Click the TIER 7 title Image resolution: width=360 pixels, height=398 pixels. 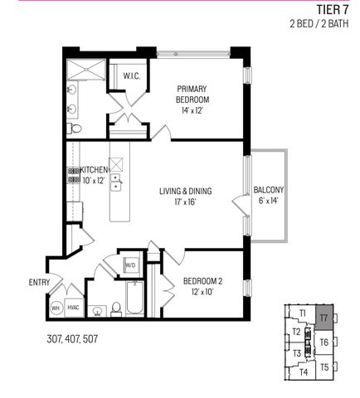pos(333,11)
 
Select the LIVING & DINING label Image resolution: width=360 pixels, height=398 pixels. pos(186,191)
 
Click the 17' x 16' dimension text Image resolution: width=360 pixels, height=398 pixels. pos(186,201)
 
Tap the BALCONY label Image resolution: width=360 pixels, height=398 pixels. pos(270,189)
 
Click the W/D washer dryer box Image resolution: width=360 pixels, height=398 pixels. pos(130,265)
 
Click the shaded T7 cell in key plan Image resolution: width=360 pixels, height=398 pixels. pos(324,318)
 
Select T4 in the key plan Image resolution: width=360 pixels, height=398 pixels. pos(303,371)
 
